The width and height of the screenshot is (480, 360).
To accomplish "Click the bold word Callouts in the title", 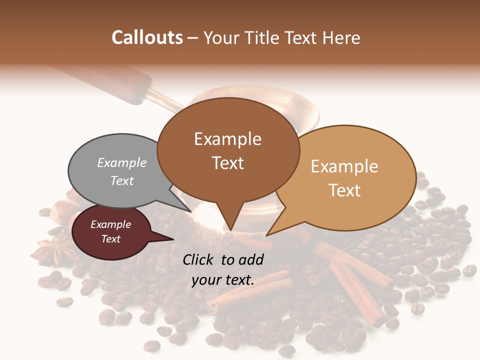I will [x=147, y=37].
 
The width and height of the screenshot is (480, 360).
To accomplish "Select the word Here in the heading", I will [x=341, y=37].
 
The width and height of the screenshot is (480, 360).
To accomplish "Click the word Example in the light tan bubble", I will [x=344, y=166].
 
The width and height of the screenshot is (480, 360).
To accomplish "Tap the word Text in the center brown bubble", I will [x=228, y=163].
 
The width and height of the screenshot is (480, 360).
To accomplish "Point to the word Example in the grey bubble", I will [x=121, y=163].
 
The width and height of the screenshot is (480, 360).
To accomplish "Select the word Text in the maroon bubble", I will [x=110, y=239].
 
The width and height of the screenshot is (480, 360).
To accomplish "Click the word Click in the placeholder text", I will [x=198, y=259].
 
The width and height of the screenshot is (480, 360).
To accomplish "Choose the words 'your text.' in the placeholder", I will [x=223, y=280].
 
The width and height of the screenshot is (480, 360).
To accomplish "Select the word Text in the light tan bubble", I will [x=344, y=190].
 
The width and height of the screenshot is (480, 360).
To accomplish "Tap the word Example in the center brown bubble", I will [x=228, y=139].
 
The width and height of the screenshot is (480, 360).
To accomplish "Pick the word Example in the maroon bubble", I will [x=110, y=224].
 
